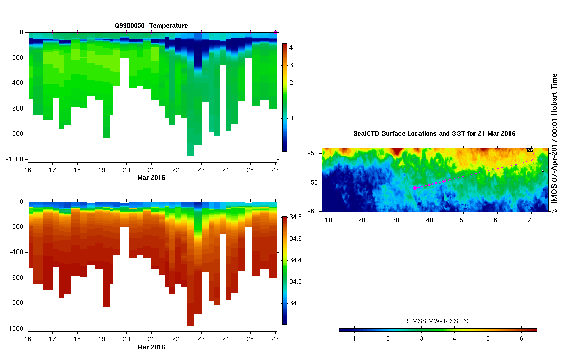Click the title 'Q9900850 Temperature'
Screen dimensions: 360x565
151,26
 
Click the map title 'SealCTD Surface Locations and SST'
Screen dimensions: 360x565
434,134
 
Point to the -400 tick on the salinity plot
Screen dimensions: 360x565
17,253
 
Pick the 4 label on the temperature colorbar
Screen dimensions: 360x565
291,47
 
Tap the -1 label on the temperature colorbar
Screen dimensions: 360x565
292,136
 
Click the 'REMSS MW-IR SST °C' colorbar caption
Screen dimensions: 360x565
438,321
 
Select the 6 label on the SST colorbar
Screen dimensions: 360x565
522,339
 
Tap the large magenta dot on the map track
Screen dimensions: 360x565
415,188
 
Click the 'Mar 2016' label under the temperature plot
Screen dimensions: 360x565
151,178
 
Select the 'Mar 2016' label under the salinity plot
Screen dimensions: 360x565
151,347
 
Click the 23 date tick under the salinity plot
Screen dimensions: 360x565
201,340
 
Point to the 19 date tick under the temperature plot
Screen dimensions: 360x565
102,170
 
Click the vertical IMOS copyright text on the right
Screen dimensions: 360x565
554,144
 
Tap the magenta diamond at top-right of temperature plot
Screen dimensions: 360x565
275,32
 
